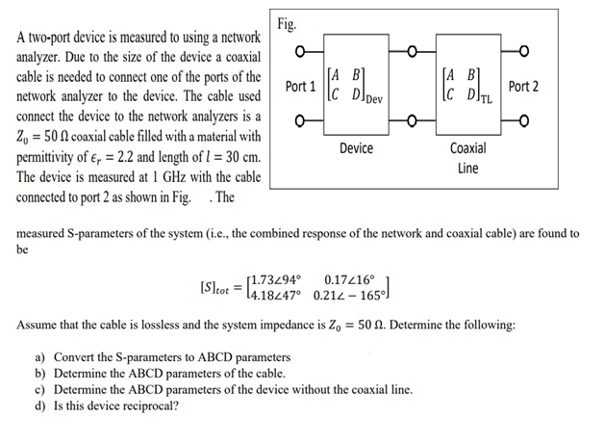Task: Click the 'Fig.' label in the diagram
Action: click(286, 24)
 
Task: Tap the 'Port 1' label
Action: click(301, 87)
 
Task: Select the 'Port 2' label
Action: click(523, 87)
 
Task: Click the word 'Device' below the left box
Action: click(356, 149)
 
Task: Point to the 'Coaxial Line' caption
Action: click(467, 158)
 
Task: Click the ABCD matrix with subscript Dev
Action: click(354, 86)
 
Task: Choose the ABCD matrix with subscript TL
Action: click(468, 86)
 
